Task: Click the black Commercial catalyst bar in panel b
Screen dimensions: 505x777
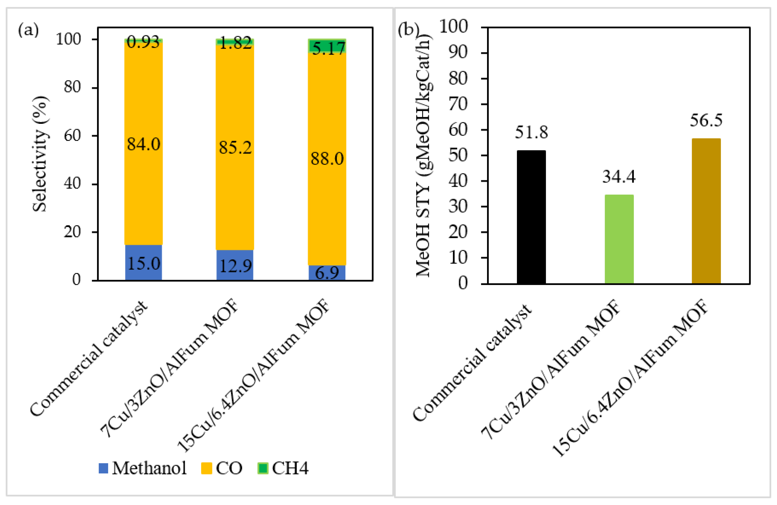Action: pyautogui.click(x=531, y=217)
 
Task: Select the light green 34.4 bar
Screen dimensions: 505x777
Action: pyautogui.click(x=619, y=239)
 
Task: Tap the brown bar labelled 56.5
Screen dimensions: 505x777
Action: pyautogui.click(x=706, y=211)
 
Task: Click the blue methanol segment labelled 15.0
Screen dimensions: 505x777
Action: pyautogui.click(x=144, y=263)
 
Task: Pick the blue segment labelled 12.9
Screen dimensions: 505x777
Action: pyautogui.click(x=235, y=265)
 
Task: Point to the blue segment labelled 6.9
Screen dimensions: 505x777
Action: pyautogui.click(x=327, y=273)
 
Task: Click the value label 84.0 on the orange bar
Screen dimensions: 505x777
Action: pyautogui.click(x=144, y=144)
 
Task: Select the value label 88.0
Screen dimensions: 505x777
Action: pyautogui.click(x=327, y=159)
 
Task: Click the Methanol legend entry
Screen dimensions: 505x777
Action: pyautogui.click(x=143, y=468)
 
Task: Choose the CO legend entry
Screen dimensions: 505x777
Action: pyautogui.click(x=222, y=468)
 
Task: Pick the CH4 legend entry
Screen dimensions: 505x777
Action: pyautogui.click(x=283, y=468)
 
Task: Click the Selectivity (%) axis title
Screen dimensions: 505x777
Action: pyautogui.click(x=40, y=154)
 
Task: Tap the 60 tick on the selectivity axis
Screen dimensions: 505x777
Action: pyautogui.click(x=72, y=135)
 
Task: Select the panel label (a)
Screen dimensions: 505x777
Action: pyautogui.click(x=28, y=30)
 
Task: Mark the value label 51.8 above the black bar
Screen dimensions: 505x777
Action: pyautogui.click(x=531, y=132)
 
